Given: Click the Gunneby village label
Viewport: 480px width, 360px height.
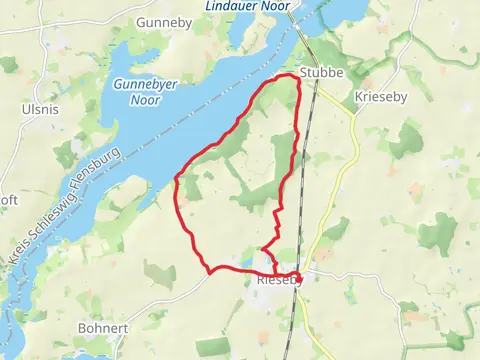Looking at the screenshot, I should pos(158,22).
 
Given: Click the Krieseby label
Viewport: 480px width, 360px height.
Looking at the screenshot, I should pos(380,99).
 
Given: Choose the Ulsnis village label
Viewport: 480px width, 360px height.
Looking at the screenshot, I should pos(40,108).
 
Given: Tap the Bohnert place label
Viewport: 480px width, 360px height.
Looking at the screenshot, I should pos(103,328).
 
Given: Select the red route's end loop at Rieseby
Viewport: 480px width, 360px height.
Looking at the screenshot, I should pos(297,277).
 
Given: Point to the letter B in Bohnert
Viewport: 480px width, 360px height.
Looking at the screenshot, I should pos(82,328).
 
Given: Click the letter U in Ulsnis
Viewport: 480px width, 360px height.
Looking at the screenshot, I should pos(25,108).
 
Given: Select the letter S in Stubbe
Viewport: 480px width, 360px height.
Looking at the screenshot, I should pos(302,73).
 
